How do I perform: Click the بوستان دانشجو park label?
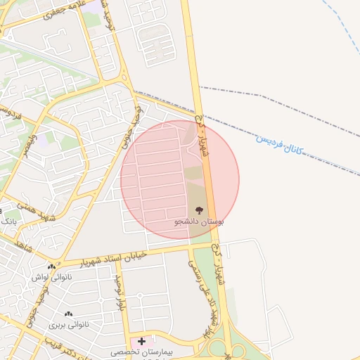200,221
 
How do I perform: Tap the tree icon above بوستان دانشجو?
200,210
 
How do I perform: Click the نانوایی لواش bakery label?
51,277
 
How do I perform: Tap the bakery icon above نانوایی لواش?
51,266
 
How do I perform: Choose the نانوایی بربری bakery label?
68,325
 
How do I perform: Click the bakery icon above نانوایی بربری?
68,314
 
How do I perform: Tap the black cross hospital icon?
141,341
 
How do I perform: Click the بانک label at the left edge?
8,221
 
